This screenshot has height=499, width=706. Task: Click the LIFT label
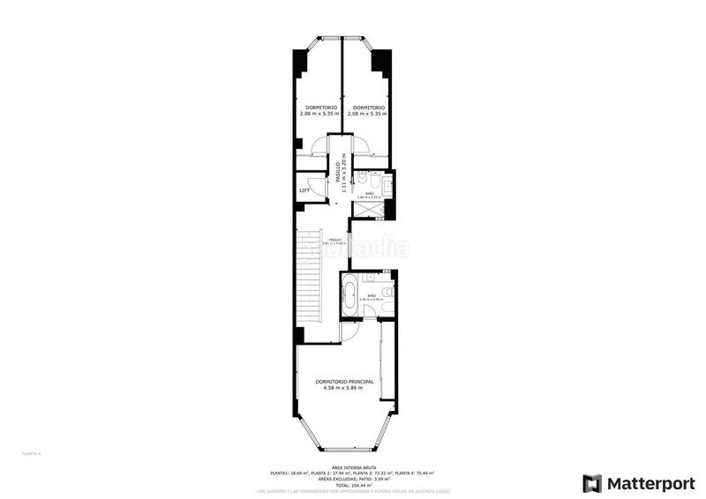(x=304, y=190)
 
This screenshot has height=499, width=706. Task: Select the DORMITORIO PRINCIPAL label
(x=344, y=381)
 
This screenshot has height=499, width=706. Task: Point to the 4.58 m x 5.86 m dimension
(x=344, y=388)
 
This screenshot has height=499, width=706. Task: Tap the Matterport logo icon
(x=592, y=483)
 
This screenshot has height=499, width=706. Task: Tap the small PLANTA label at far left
(x=31, y=453)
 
